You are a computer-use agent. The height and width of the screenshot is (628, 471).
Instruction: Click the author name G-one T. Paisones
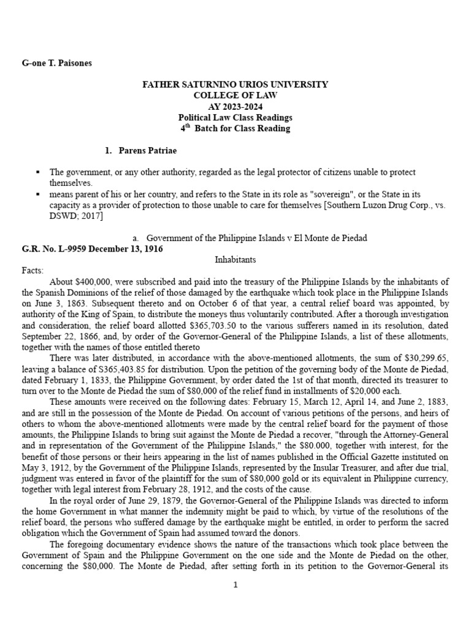pyautogui.click(x=57, y=63)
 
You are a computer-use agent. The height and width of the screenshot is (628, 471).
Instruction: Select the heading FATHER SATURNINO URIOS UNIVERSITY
pyautogui.click(x=235, y=85)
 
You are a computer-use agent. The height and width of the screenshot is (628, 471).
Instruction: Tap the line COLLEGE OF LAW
pyautogui.click(x=235, y=96)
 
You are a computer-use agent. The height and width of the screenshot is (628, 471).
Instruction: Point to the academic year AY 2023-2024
pyautogui.click(x=235, y=107)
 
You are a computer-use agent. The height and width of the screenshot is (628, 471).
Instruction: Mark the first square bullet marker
pyautogui.click(x=39, y=172)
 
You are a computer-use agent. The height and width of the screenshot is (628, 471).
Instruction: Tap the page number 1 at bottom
pyautogui.click(x=235, y=585)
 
